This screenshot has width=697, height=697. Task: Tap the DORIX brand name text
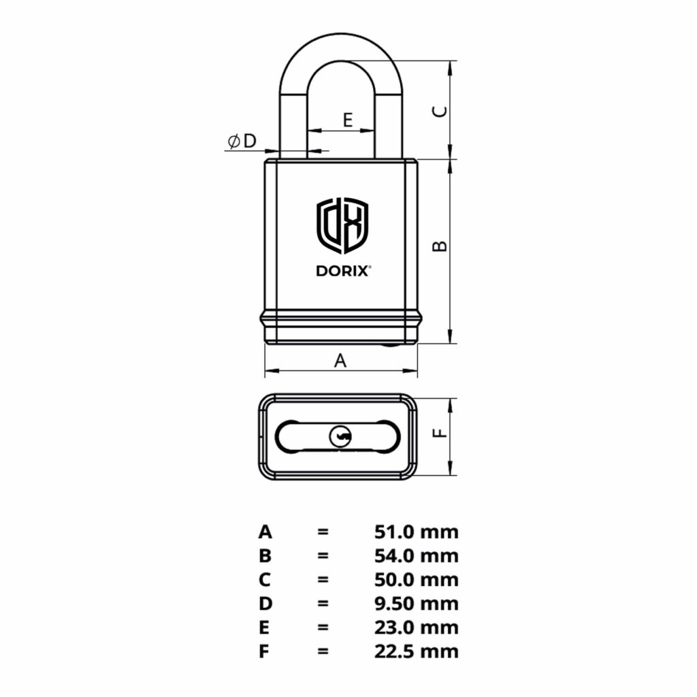[343, 271]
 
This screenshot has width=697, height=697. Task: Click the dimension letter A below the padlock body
[340, 361]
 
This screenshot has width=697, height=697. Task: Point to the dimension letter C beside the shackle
[440, 112]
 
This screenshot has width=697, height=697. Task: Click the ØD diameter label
[242, 141]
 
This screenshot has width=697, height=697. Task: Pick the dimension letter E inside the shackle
[347, 120]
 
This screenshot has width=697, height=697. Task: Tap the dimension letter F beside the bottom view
[440, 433]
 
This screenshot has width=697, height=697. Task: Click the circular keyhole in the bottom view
[340, 436]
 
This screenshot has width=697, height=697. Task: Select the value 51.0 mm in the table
[416, 532]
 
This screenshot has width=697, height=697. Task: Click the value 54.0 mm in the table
[416, 555]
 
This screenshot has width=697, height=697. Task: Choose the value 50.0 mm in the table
[416, 580]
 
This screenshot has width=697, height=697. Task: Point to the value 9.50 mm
[416, 604]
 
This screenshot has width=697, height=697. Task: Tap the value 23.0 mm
[416, 628]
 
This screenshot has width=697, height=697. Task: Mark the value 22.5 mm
[416, 651]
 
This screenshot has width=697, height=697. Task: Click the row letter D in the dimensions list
[265, 604]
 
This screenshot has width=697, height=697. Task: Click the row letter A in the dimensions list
[265, 532]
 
